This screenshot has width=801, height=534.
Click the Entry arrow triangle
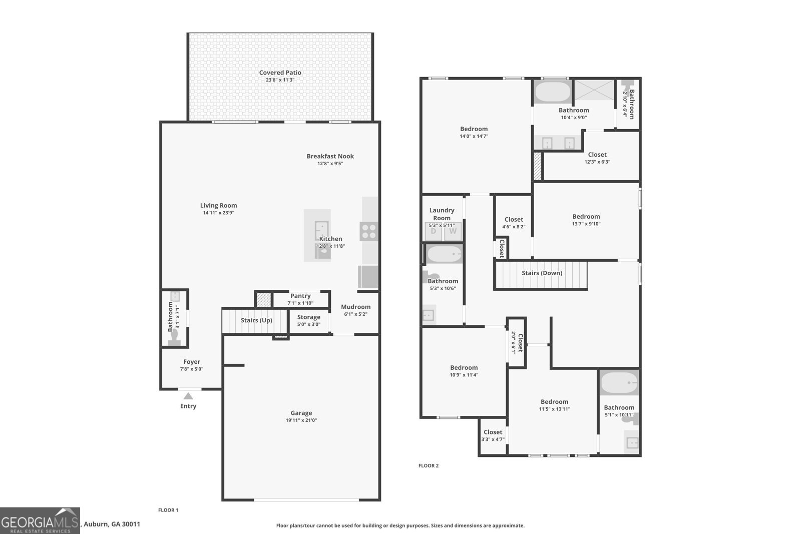tap(188, 396)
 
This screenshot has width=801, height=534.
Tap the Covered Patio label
tap(280, 73)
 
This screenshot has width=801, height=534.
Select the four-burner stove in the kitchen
tap(368, 232)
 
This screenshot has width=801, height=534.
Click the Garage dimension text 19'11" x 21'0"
tap(301, 420)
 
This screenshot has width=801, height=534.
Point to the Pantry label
tap(300, 296)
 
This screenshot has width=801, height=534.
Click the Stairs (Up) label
tap(256, 320)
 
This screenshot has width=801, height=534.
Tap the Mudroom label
tap(355, 307)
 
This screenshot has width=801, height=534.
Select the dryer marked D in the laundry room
tap(434, 231)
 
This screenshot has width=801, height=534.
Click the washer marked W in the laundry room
tap(453, 231)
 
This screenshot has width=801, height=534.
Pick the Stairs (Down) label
tap(542, 273)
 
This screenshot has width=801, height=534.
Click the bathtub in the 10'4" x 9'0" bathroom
tap(553, 92)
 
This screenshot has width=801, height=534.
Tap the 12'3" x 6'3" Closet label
tap(597, 155)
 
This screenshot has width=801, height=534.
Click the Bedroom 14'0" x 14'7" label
tap(474, 129)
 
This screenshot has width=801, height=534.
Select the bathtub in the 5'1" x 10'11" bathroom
tap(619, 384)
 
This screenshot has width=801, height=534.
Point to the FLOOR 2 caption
tap(429, 466)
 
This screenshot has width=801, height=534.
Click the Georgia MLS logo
tap(40, 520)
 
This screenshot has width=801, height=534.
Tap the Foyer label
tap(192, 362)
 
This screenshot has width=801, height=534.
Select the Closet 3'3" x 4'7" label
tap(493, 432)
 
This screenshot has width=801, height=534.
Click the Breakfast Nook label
tap(330, 156)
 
